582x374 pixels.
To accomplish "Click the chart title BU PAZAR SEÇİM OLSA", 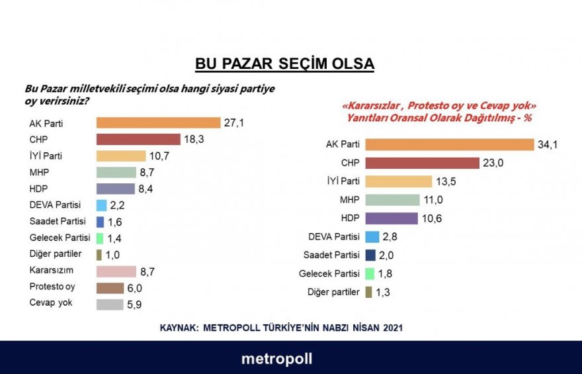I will [x=284, y=64].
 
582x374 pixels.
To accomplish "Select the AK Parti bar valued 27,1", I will [x=158, y=122].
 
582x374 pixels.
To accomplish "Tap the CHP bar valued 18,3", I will [x=138, y=139].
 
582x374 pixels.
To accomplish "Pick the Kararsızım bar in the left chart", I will [x=125, y=271].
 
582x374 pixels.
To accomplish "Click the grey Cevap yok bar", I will [x=110, y=304].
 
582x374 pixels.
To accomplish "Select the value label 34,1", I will [x=548, y=144].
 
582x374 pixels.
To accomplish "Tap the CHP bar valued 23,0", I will [x=422, y=163].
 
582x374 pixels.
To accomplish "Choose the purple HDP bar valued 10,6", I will [x=392, y=218].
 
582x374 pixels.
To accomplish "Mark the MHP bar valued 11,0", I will [x=392, y=200].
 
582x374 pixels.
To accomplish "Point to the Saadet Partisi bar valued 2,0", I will [x=370, y=255].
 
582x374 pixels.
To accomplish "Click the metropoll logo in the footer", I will [x=276, y=359].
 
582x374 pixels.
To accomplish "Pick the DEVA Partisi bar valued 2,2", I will [x=101, y=205].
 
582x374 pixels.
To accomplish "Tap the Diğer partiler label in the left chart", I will [x=56, y=254].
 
